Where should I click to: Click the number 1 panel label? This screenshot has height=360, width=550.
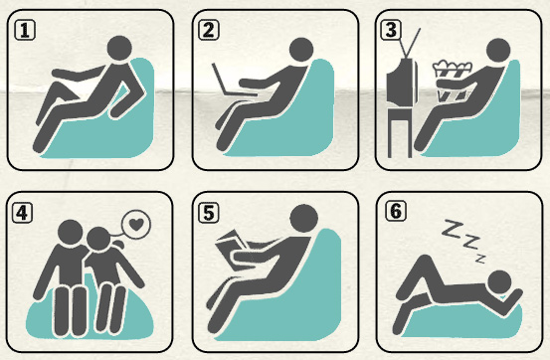click(25, 30)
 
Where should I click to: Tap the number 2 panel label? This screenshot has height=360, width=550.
click(209, 30)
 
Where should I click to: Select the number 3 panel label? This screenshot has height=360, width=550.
click(391, 30)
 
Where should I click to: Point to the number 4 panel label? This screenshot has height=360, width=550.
click(23, 213)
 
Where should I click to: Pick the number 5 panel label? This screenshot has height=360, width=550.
click(209, 213)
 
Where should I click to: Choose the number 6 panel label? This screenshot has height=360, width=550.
click(396, 211)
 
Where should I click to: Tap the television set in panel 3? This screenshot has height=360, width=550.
click(402, 81)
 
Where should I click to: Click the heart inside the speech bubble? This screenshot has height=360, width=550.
click(136, 224)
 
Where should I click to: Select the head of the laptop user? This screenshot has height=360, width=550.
click(301, 50)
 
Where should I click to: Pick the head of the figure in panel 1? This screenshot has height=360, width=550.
click(119, 48)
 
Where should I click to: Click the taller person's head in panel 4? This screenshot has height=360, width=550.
click(71, 233)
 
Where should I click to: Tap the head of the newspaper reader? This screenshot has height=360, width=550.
click(304, 218)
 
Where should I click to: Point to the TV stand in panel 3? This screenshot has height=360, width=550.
click(400, 131)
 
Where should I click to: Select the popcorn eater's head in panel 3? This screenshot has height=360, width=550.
click(498, 51)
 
